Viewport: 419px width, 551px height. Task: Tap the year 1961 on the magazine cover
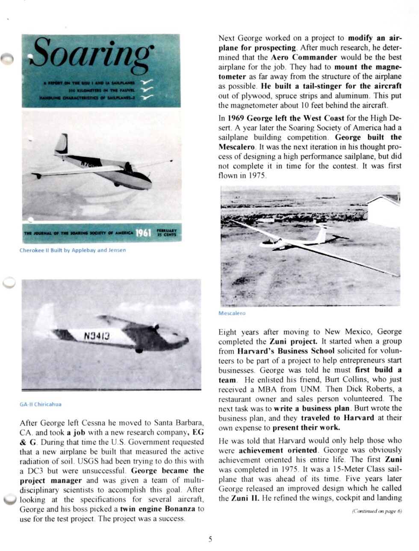[x=144, y=234]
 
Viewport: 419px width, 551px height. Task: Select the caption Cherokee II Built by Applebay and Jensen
[x=73, y=250]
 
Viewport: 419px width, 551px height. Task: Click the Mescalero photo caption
[x=232, y=313]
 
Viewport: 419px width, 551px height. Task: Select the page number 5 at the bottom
[x=210, y=539]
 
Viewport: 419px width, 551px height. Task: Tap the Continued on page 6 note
[x=377, y=511]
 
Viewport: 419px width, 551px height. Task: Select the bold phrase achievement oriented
[x=267, y=450]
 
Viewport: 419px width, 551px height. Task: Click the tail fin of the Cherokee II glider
[x=62, y=143]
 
